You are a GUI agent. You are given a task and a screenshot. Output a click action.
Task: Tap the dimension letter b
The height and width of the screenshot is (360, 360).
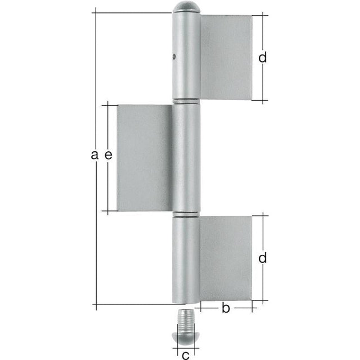[x=226, y=308]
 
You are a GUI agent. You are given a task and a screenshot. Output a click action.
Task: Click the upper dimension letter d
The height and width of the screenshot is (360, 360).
[x=262, y=57]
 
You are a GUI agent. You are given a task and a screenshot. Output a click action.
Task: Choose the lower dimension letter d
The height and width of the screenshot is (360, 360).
[x=262, y=258]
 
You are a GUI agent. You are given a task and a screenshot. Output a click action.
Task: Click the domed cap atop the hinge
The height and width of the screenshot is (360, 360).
[x=186, y=8]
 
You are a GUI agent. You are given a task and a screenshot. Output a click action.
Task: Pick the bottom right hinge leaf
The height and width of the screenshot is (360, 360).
[x=225, y=258]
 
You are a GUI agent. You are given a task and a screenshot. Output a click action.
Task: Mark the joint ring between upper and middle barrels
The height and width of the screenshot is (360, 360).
[x=186, y=102]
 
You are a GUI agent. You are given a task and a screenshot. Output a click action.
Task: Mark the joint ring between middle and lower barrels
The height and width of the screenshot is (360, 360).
[x=186, y=214]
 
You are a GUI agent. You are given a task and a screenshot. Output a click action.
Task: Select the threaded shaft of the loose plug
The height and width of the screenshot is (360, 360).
[x=185, y=319]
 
